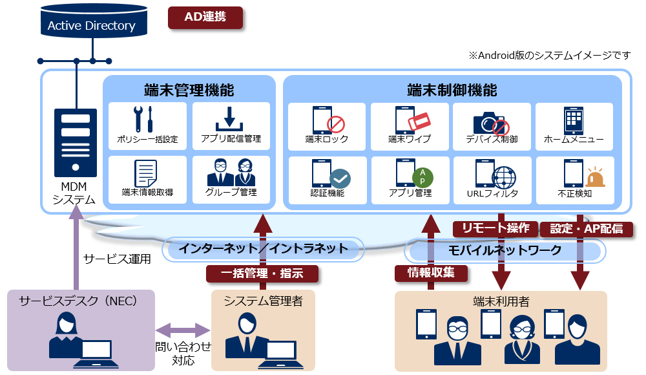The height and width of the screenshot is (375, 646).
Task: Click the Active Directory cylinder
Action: coord(91,25)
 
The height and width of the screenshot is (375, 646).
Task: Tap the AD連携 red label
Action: coord(205,17)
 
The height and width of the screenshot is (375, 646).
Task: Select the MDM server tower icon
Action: coord(76,142)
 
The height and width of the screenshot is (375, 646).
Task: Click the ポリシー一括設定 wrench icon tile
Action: coord(148,125)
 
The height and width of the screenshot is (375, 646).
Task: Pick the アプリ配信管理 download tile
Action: coord(231,125)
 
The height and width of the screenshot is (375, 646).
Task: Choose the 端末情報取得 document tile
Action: coord(148,178)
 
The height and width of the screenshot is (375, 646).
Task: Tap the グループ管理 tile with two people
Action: coord(231,178)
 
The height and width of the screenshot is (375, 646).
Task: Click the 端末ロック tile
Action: coord(327,125)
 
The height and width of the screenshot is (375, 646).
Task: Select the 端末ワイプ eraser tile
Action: coord(410,125)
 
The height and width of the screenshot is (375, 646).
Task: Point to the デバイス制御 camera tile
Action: coord(492,125)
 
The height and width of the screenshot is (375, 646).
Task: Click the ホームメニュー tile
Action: coord(574,125)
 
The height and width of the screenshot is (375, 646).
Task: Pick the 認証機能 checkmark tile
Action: coord(327,178)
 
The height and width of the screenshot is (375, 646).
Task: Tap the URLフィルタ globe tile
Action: coord(492,178)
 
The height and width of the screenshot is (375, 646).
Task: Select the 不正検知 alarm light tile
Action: coord(574,178)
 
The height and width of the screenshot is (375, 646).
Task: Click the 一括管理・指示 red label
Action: coord(262,273)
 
